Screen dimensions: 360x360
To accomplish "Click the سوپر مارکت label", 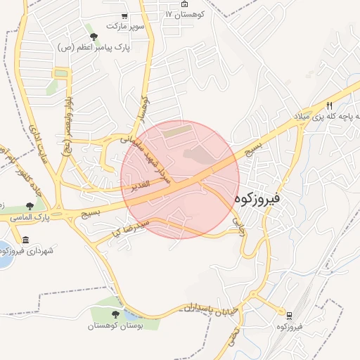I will tap(125, 26).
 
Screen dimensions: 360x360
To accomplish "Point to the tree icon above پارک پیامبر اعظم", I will tap(93, 36).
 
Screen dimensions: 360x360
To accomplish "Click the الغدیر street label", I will tap(139, 185).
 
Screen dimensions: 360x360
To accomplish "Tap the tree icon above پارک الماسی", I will tap(29, 207).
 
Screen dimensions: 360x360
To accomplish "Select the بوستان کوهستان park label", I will tap(115, 326).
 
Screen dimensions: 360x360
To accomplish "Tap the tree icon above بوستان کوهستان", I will tap(115, 314).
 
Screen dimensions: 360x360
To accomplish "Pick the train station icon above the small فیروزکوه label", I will tap(289, 313).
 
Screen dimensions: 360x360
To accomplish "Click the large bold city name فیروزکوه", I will tap(259, 199).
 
